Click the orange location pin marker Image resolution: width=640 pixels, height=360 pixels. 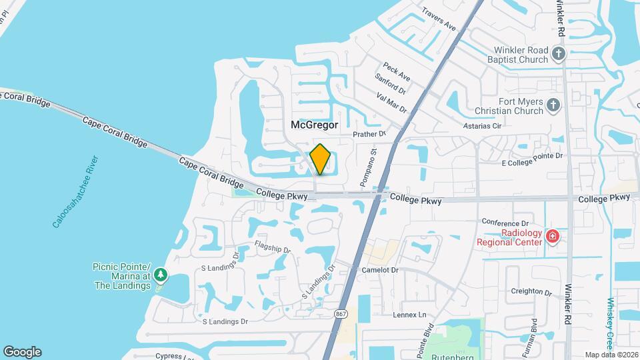tap(321, 159)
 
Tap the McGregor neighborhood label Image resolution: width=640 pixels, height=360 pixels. tap(315, 125)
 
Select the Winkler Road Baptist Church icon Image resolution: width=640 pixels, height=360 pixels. tap(559, 53)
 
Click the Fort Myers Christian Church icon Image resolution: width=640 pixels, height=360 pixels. tap(552, 105)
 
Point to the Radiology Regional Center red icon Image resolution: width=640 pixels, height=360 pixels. tap(552, 236)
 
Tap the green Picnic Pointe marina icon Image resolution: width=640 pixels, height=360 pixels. tap(160, 275)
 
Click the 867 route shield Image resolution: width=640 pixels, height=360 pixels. tap(341, 314)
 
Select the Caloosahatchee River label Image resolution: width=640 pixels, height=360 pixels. tap(75, 191)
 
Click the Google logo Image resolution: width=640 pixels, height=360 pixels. tap(22, 352)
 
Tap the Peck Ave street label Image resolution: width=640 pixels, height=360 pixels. tap(396, 71)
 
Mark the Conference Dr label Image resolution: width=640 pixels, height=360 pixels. tap(505, 223)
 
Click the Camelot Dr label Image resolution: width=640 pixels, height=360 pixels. tap(379, 270)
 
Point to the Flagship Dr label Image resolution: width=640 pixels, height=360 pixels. tap(273, 247)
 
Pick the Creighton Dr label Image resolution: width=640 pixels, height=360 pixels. tap(531, 292)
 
